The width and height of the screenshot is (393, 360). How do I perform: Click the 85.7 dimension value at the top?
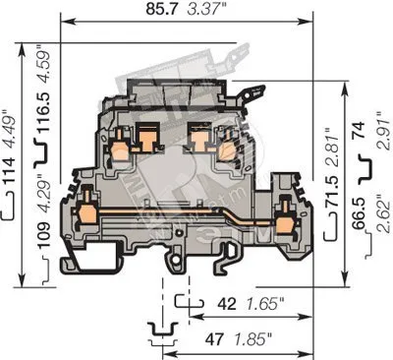[x=162, y=9]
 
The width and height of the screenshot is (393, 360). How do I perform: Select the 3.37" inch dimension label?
[x=205, y=9]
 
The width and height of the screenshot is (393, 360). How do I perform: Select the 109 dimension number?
[x=43, y=235]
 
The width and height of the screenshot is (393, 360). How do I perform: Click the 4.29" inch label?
[x=43, y=195]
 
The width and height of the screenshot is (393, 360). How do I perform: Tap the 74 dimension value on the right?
[x=359, y=130]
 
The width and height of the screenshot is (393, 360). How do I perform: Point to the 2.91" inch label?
[x=383, y=131]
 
